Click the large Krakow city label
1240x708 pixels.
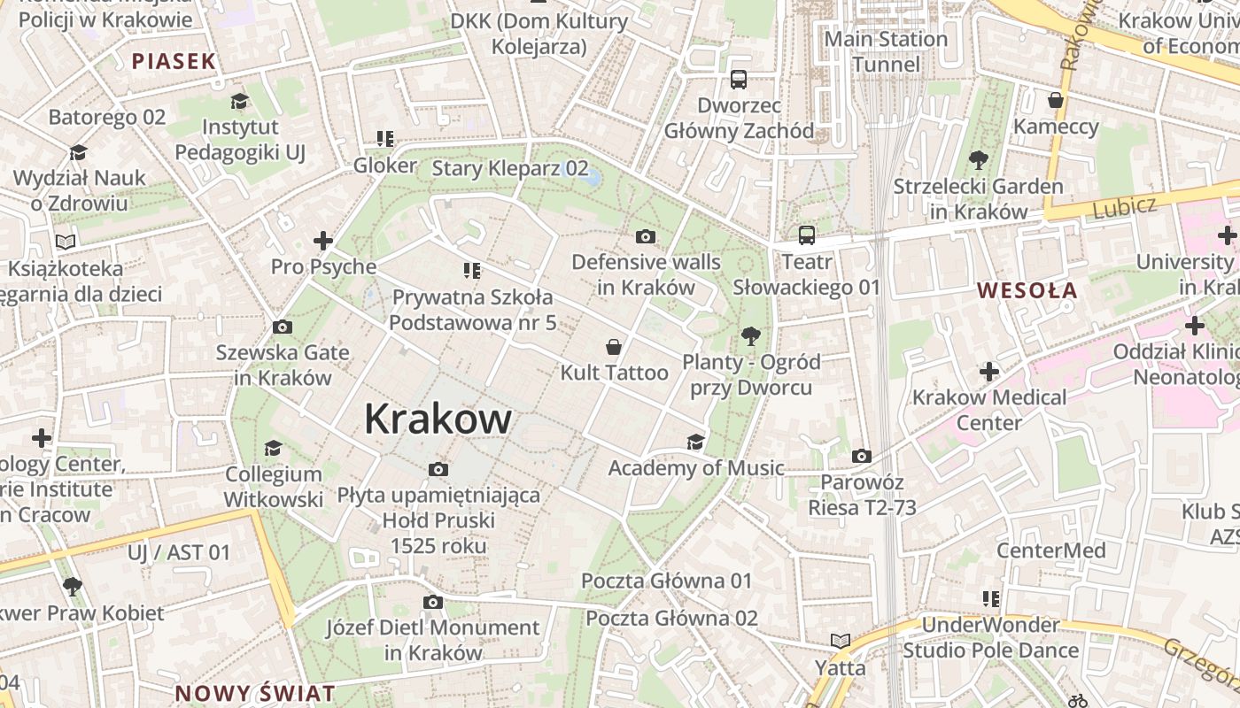pos(438,419)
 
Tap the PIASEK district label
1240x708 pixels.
pos(174,61)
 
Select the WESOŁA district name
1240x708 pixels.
pos(1027,290)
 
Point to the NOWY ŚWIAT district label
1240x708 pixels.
pos(255,693)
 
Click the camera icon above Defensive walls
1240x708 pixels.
pos(646,236)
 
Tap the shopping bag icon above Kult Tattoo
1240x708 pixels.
pos(613,347)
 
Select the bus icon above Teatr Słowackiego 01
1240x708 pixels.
pos(806,235)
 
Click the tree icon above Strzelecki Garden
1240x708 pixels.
pos(978,160)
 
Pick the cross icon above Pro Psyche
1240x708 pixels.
pos(323,241)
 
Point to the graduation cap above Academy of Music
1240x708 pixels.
pos(695,442)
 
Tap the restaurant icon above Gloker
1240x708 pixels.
pos(384,139)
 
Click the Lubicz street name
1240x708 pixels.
pos(1124,207)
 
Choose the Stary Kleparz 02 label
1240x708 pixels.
pos(509,168)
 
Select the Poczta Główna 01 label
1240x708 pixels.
pos(666,581)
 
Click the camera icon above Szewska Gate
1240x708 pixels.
pos(282,327)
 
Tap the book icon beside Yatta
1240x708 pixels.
pos(840,641)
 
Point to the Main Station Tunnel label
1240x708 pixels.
pos(885,51)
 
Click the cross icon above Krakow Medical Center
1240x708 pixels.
pos(989,372)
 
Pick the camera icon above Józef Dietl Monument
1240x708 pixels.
pos(432,603)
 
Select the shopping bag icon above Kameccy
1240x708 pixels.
pos(1055,100)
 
